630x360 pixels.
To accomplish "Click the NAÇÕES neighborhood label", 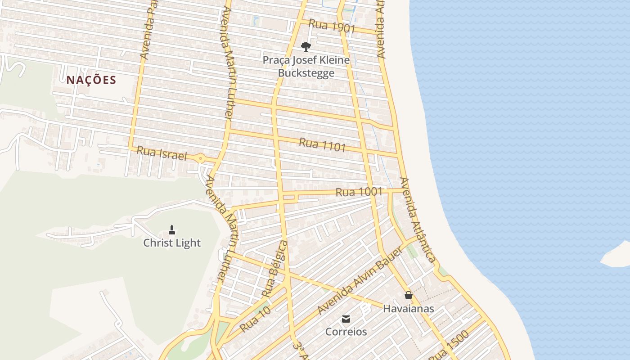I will point(91,80).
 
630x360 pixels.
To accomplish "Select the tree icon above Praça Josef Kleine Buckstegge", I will point(306,46).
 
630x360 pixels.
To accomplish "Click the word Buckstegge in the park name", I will point(306,73).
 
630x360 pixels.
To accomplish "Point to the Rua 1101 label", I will point(322,144).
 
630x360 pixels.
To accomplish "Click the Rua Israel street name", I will point(161,153).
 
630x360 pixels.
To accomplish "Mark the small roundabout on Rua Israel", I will point(200,158).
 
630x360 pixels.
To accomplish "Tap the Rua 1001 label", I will point(359,192).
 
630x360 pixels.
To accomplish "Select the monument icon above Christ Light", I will point(171,230).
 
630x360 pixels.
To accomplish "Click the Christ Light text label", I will point(172,243).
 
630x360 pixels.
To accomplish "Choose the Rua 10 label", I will point(255,319).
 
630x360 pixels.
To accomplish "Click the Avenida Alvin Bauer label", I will point(360,281).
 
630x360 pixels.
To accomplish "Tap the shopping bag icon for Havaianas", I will point(408,295).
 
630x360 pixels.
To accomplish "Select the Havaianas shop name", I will point(408,309).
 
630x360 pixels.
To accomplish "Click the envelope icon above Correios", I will point(346,319).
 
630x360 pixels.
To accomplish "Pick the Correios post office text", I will point(346,332).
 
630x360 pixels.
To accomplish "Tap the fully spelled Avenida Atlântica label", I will point(418,220).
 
